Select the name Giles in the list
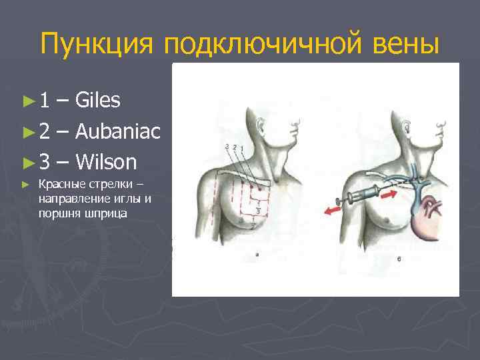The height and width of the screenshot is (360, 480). coord(98,101)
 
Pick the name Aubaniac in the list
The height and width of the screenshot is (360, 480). coord(118,131)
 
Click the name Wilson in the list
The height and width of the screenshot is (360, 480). coord(107,162)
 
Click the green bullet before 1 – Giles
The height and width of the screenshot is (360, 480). coord(27,101)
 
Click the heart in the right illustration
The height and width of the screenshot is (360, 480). coord(427,221)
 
